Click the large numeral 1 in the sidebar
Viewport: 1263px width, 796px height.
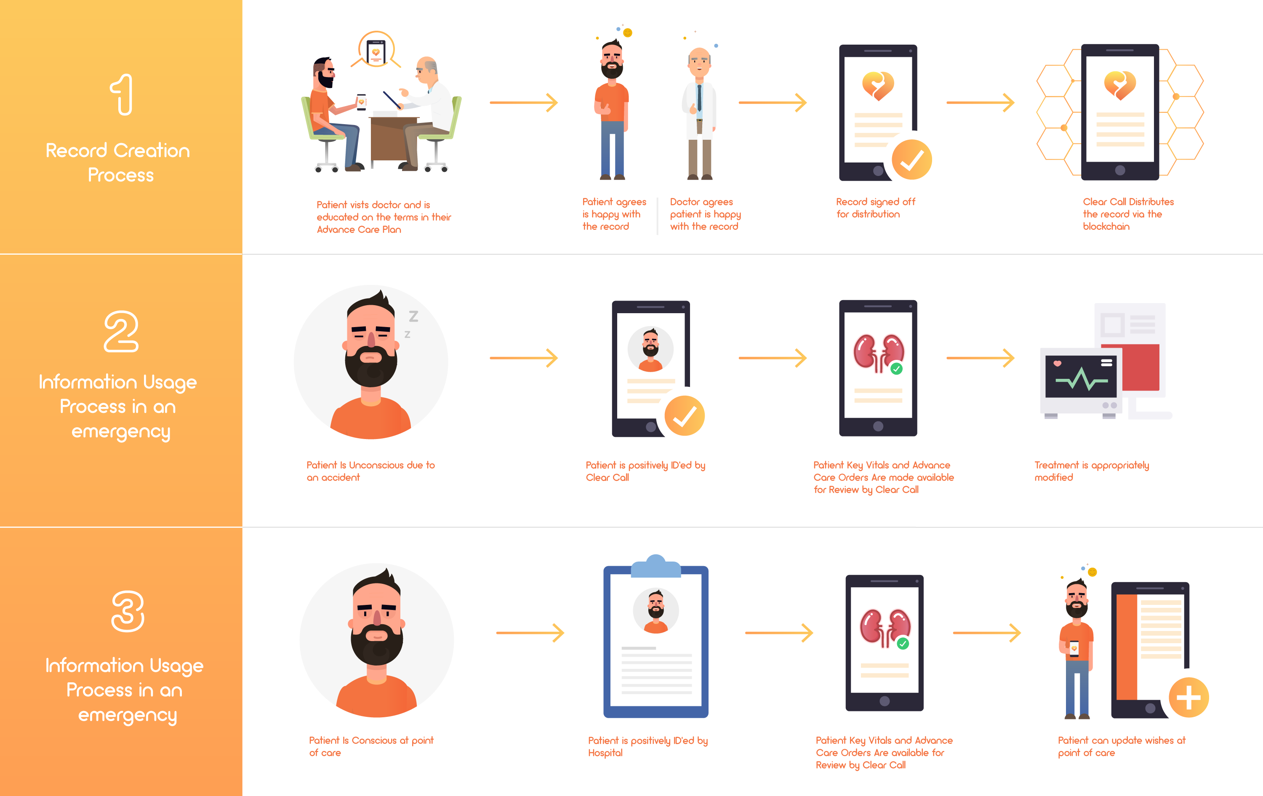(122, 94)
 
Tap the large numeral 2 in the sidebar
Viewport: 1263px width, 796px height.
(121, 331)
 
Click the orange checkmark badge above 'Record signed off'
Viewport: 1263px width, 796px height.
(911, 160)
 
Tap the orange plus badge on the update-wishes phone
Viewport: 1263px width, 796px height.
(1188, 697)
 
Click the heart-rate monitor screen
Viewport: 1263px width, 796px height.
(1080, 376)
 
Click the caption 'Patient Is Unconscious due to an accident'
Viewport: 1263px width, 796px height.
(370, 471)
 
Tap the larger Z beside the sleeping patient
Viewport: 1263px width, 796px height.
(414, 316)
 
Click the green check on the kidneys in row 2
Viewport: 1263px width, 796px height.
(896, 369)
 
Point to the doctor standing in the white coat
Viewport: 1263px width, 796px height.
(700, 113)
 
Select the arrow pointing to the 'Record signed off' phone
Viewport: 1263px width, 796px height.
(772, 102)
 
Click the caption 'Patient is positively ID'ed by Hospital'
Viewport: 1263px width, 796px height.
(648, 746)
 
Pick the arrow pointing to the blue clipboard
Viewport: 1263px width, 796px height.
(530, 633)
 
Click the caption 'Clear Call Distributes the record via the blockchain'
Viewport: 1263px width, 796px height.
(1128, 214)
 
